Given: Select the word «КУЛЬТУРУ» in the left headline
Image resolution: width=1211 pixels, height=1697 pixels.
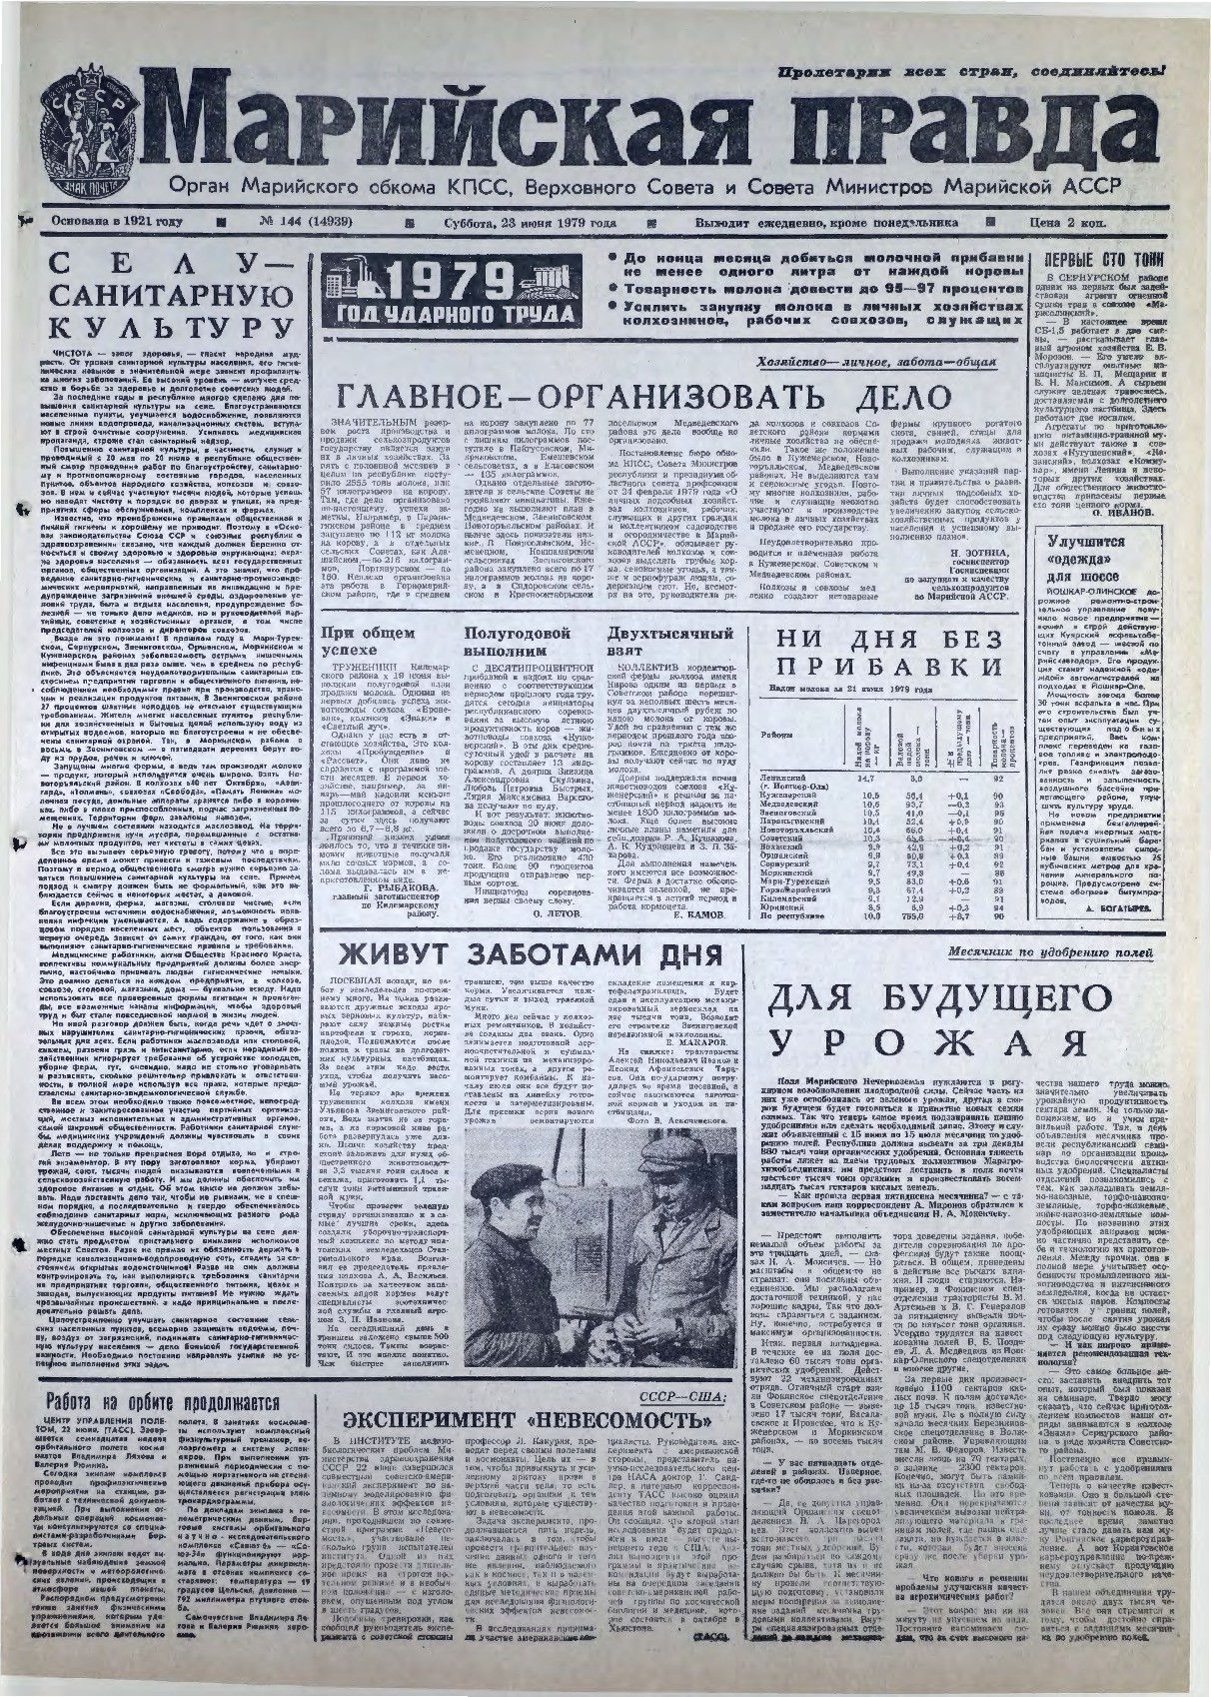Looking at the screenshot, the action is [x=162, y=327].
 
